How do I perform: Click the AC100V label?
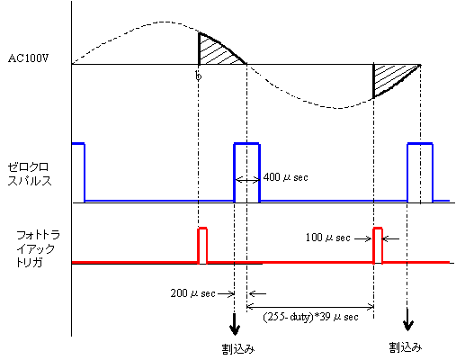pyautogui.click(x=29, y=58)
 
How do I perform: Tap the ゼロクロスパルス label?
pyautogui.click(x=30, y=174)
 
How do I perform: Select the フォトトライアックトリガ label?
pyautogui.click(x=38, y=248)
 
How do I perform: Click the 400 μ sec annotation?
pyautogui.click(x=285, y=177)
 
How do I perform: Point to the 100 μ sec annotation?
pyautogui.click(x=327, y=238)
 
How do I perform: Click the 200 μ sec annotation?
pyautogui.click(x=192, y=293)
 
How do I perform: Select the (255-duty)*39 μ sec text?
pyautogui.click(x=310, y=317)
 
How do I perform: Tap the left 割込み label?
pyautogui.click(x=238, y=349)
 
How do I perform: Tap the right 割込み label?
pyautogui.click(x=406, y=347)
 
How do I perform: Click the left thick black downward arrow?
pyautogui.click(x=235, y=325)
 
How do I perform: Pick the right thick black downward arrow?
pyautogui.click(x=407, y=319)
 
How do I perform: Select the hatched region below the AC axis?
pyautogui.click(x=389, y=78)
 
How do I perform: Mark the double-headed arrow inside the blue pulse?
pyautogui.click(x=247, y=180)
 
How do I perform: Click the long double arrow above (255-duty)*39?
pyautogui.click(x=310, y=307)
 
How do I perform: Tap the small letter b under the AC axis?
pyautogui.click(x=198, y=76)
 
